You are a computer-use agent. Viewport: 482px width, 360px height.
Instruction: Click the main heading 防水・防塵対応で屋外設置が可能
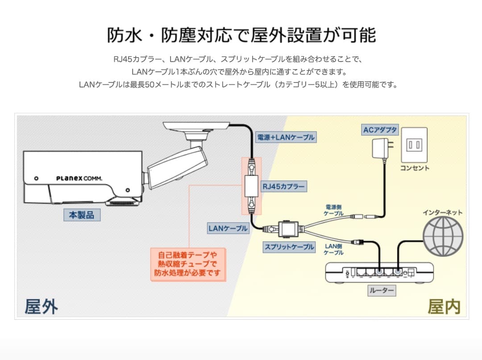coord(241,35)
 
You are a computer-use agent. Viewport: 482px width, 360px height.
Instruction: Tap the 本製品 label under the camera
coord(81,215)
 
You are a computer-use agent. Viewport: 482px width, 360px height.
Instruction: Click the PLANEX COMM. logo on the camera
coord(79,178)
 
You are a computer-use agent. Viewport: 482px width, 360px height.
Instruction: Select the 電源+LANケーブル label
coord(286,137)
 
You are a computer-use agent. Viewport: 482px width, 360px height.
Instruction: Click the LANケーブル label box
coord(228,228)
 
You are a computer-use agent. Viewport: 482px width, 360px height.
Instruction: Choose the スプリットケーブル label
coord(289,247)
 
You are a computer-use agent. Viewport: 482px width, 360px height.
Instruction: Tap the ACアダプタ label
coord(380,130)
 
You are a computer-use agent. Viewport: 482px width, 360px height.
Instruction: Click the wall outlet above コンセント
coord(414,145)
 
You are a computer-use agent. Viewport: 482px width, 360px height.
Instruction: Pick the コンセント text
coord(414,168)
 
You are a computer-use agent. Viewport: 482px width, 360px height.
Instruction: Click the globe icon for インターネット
coord(443,236)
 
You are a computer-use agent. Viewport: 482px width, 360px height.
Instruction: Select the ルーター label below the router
coord(382,291)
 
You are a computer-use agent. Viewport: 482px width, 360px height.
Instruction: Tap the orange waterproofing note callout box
coord(187,264)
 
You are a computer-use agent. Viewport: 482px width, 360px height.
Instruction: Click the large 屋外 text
coord(41,306)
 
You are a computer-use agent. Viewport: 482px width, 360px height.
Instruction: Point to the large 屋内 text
coord(444,306)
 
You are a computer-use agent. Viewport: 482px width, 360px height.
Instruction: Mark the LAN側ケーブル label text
coord(334,249)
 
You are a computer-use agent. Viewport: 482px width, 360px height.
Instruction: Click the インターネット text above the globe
coord(443,212)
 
